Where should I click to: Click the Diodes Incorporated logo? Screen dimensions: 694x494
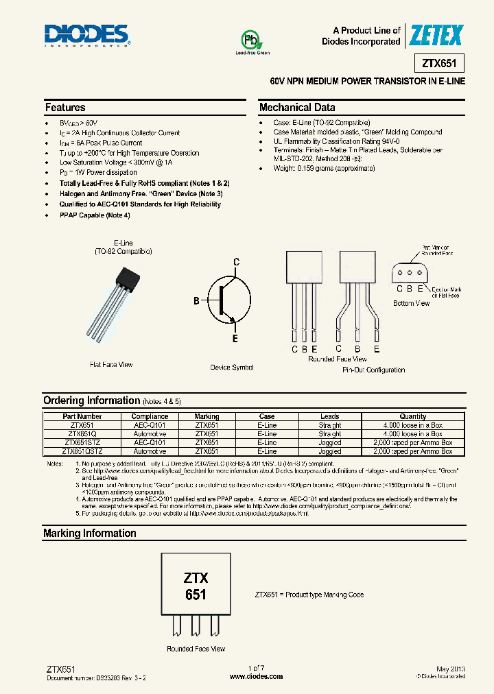click(x=86, y=34)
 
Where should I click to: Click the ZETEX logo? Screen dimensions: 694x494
click(x=436, y=35)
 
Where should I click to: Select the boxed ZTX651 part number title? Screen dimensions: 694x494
click(x=439, y=64)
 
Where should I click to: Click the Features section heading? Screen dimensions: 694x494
click(x=65, y=108)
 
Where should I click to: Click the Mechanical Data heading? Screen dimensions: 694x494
click(x=297, y=108)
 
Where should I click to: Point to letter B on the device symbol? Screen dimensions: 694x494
click(x=196, y=301)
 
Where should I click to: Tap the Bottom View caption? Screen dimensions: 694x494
click(x=411, y=303)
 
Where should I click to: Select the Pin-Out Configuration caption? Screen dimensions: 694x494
click(x=373, y=370)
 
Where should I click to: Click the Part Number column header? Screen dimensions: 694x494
click(x=82, y=416)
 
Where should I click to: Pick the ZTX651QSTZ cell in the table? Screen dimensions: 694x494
click(x=82, y=452)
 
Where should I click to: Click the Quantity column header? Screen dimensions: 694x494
click(x=412, y=416)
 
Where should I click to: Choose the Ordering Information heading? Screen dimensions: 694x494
click(x=91, y=400)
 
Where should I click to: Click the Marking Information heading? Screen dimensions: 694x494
click(x=89, y=533)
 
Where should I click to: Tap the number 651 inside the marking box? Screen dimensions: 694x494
click(x=196, y=595)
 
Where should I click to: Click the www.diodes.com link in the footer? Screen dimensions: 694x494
click(x=256, y=676)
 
